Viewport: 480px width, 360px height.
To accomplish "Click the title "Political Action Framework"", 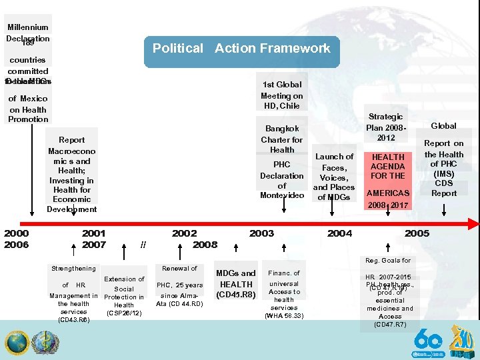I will [x=241, y=49].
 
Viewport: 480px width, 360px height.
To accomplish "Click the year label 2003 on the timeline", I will [x=261, y=233].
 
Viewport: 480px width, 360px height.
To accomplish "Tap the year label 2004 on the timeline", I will [x=339, y=233].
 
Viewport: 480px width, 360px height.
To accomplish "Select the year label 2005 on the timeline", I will [x=417, y=233].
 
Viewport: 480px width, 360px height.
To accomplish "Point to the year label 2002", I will [x=184, y=233].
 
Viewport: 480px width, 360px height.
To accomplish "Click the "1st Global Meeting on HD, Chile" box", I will [x=281, y=95].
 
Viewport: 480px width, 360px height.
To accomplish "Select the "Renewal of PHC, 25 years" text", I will [x=179, y=286].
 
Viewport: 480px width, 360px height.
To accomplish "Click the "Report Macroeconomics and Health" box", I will [x=72, y=174].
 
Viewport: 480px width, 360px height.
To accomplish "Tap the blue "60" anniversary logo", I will [x=427, y=341].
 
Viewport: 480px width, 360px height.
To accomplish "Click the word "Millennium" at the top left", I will [x=28, y=27].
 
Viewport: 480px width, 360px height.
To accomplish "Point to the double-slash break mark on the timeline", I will [x=143, y=245].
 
